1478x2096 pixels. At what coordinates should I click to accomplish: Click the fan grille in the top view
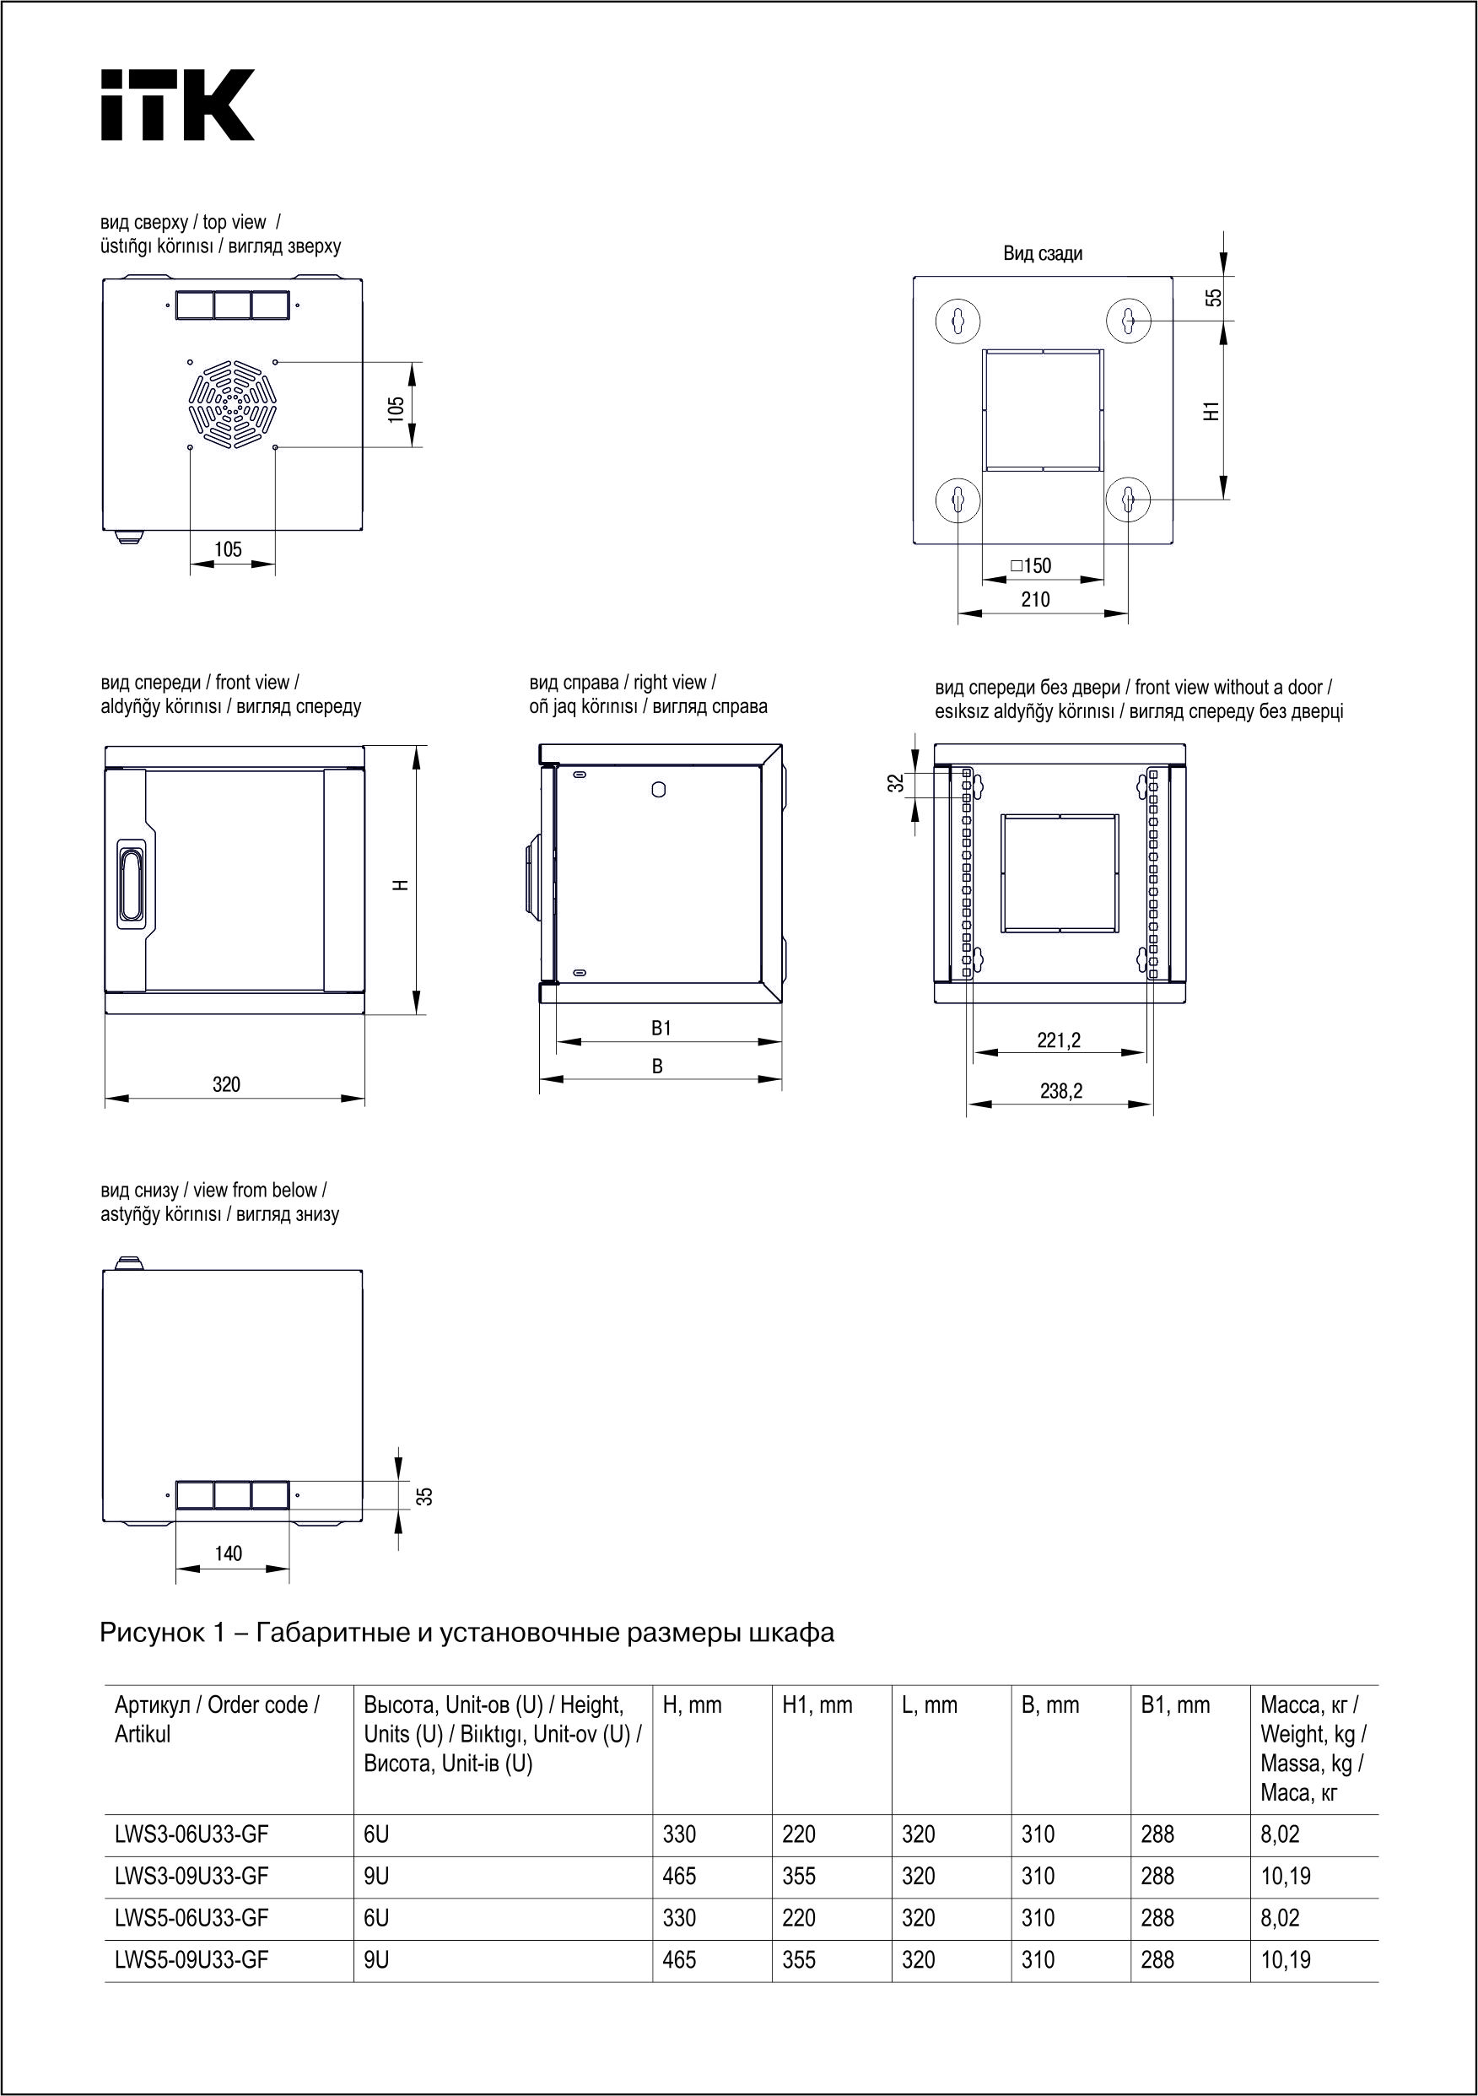(233, 404)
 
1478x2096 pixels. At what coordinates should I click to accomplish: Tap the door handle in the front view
(130, 883)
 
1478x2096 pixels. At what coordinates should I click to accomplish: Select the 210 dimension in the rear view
(1035, 600)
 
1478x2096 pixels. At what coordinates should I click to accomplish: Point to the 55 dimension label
(1212, 298)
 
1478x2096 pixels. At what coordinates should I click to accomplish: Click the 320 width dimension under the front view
(226, 1084)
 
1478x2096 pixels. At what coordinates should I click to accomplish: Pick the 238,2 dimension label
(1060, 1091)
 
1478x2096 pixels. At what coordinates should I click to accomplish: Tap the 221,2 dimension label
(1059, 1040)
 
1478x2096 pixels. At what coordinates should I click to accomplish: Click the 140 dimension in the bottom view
(229, 1553)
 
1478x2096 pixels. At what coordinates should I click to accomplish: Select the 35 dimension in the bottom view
(424, 1496)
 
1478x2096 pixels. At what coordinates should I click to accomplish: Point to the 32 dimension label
(897, 782)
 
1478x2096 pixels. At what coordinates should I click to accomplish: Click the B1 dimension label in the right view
(661, 1028)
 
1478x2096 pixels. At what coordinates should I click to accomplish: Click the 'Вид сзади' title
(1043, 254)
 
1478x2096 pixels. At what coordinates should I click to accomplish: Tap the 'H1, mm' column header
(817, 1705)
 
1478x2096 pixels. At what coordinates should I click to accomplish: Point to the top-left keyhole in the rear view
(957, 321)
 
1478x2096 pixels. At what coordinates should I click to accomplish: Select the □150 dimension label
(1032, 566)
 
